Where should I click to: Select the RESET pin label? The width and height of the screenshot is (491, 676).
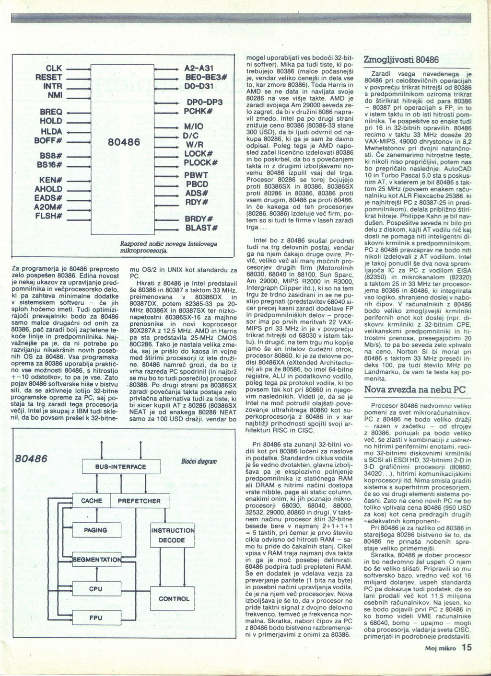[49, 78]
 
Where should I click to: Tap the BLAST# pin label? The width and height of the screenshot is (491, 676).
[201, 228]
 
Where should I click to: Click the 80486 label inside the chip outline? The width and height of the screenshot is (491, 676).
[124, 142]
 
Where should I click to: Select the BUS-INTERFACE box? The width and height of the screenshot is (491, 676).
[120, 467]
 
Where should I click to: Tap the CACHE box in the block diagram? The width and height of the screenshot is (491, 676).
[91, 501]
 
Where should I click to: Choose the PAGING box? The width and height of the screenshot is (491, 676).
[95, 530]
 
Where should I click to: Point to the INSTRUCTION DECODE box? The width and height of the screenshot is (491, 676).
[172, 536]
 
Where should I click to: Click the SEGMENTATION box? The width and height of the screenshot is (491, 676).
[96, 560]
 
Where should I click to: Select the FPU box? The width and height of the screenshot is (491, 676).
[95, 618]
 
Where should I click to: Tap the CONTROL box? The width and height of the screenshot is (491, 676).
[174, 599]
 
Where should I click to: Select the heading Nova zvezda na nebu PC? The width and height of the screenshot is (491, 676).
[415, 390]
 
